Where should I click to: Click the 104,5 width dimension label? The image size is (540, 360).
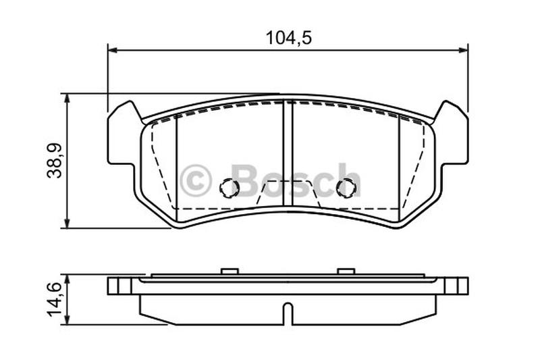click(x=289, y=38)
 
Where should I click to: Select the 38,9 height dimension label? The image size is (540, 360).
click(x=55, y=160)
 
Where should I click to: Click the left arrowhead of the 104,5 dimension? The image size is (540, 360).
click(x=113, y=51)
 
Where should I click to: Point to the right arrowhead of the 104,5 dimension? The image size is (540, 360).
click(x=463, y=51)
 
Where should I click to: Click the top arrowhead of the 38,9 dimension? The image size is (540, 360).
click(x=67, y=99)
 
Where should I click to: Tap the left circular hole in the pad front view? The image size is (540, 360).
click(x=229, y=188)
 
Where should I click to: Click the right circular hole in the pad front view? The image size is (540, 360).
click(x=345, y=188)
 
